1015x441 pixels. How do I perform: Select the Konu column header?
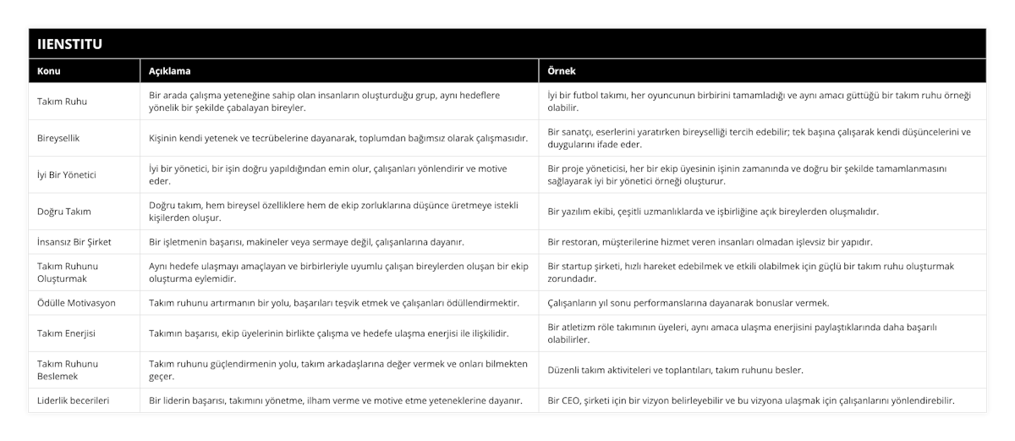49,71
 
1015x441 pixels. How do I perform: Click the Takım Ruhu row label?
63,102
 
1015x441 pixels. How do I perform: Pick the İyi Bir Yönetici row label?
68,174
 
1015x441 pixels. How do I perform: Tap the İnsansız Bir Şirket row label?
74,242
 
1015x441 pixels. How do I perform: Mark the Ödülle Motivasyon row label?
77,302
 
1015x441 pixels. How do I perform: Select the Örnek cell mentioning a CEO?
752,400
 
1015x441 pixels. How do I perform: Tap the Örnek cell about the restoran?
710,242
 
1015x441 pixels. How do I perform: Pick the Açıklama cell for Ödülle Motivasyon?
334,302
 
